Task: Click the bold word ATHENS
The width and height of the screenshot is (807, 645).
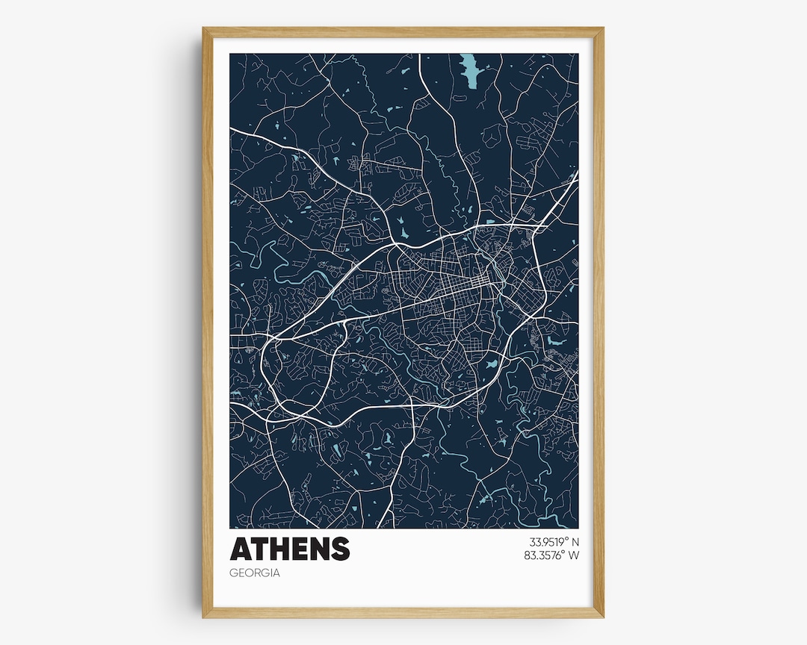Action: pos(289,549)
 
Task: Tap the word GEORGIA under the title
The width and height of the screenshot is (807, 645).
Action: pos(255,573)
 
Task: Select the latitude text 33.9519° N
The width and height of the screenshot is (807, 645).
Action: pos(554,542)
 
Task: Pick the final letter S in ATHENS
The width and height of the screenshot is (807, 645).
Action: pos(340,549)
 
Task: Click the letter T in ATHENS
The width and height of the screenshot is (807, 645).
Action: pos(259,549)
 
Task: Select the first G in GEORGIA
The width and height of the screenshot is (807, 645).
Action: pos(235,573)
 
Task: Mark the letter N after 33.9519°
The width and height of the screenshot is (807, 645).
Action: pos(575,542)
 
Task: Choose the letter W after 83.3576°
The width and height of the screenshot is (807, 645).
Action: pos(575,555)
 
